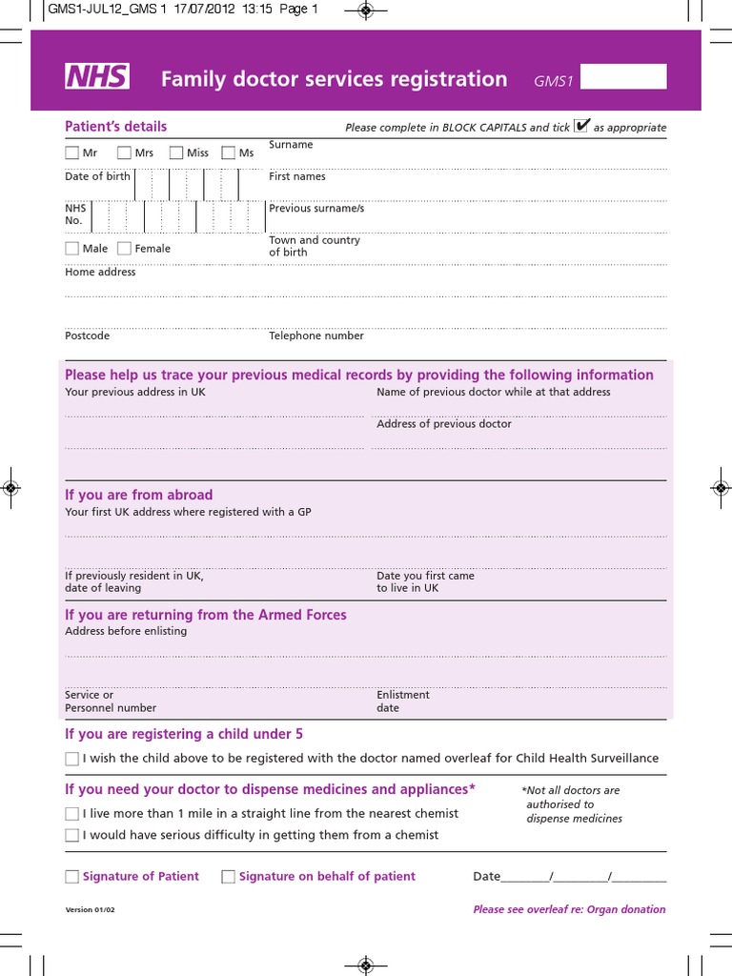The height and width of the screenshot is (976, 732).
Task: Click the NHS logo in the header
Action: (97, 78)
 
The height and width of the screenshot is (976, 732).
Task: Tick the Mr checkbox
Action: (72, 152)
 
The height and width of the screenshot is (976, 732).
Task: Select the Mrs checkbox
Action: (124, 152)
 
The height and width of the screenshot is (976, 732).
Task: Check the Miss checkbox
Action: (176, 152)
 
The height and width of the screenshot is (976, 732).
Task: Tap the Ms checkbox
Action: (229, 152)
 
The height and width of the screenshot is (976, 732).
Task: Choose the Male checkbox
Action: (72, 249)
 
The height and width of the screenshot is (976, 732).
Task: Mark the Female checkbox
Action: (124, 249)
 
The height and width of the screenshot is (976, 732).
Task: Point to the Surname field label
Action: (291, 145)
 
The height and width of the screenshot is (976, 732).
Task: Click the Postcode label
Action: (87, 335)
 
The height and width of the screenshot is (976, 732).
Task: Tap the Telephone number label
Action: (316, 335)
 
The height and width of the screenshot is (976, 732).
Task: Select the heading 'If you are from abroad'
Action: (139, 495)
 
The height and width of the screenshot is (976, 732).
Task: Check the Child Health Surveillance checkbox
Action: (72, 759)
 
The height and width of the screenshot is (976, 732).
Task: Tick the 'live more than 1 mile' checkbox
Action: (72, 814)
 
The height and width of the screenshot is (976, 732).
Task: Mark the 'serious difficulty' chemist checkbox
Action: (72, 835)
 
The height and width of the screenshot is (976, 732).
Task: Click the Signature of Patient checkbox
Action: (72, 877)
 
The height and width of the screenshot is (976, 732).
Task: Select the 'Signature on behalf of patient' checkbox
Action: (229, 877)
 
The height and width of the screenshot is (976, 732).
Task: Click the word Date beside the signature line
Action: (486, 876)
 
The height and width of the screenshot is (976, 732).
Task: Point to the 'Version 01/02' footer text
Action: (91, 910)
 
